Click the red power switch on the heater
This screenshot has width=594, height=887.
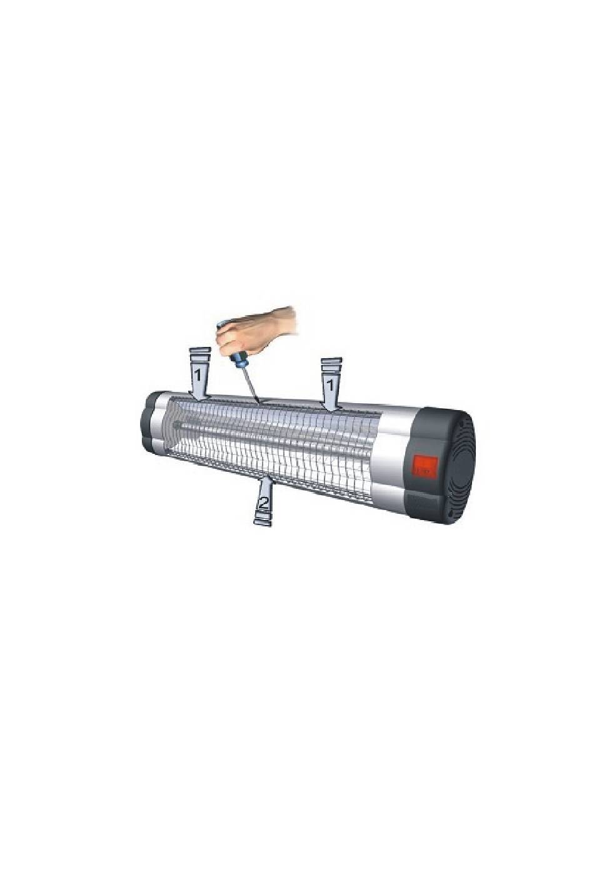pos(426,466)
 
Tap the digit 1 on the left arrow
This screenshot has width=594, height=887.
pos(198,373)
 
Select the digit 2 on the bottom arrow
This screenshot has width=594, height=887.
pos(263,503)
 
